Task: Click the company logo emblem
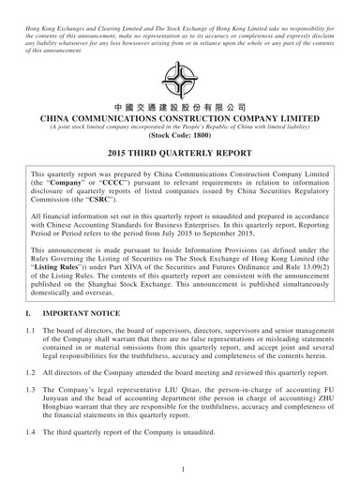point(180,80)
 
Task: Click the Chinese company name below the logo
point(180,107)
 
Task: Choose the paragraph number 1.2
point(34,387)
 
